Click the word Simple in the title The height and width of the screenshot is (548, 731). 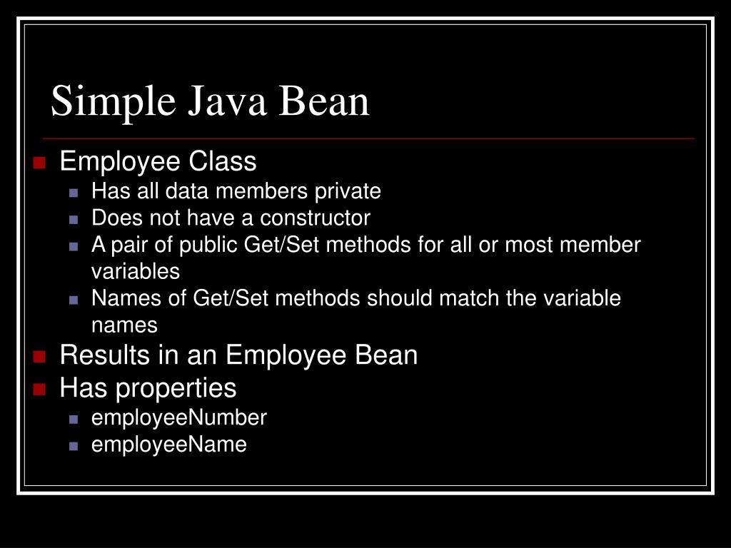tap(113, 101)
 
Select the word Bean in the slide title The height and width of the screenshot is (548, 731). tap(324, 101)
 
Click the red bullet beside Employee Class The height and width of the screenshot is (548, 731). tap(39, 163)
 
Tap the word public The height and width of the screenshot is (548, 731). tap(209, 245)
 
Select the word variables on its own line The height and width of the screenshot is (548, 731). tap(136, 271)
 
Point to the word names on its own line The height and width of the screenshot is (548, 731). tap(124, 325)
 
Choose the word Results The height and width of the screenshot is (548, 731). tap(105, 355)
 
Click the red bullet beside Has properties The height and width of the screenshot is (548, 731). tap(39, 390)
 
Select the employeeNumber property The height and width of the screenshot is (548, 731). tap(179, 418)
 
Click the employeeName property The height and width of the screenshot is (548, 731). tap(169, 445)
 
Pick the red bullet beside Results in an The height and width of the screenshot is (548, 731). tap(39, 356)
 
